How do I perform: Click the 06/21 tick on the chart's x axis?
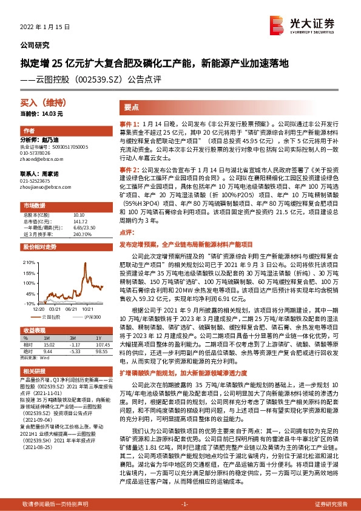pyautogui.click(x=73, y=308)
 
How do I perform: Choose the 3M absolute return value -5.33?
pyautogui.click(x=76, y=350)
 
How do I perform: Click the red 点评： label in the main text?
pyautogui.click(x=126, y=231)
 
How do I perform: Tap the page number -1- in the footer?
pyautogui.click(x=184, y=503)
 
